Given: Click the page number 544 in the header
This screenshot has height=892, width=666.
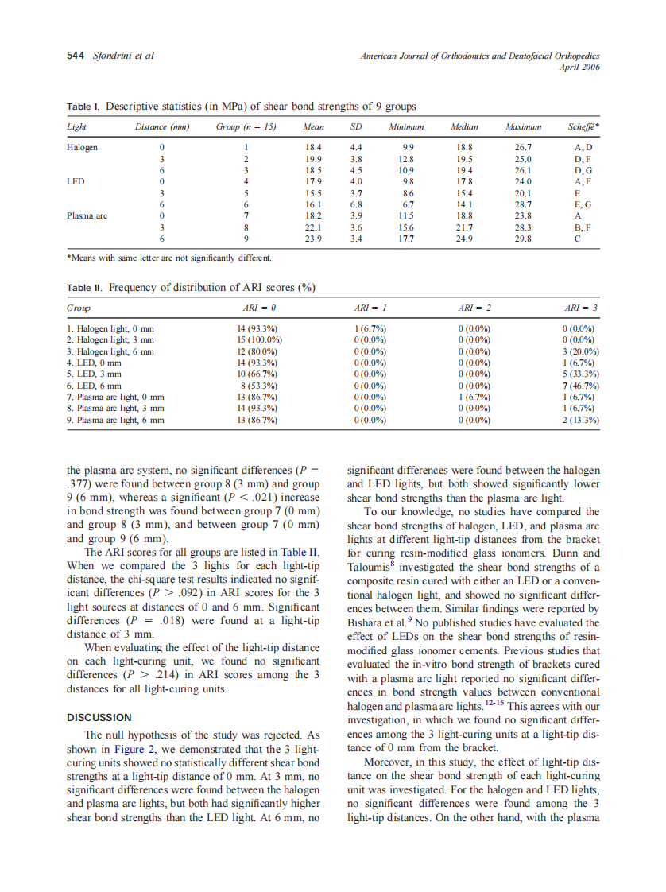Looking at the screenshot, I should [x=76, y=56].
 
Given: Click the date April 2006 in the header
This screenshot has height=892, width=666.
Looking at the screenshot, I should [x=580, y=67].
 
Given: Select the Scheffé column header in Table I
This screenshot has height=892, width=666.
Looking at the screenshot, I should [x=583, y=127].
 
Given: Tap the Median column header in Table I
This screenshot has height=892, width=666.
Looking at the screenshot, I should [x=464, y=127].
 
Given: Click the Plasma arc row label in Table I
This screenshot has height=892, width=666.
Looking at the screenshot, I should [x=87, y=215].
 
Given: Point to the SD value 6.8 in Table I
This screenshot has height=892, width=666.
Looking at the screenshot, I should [x=357, y=204].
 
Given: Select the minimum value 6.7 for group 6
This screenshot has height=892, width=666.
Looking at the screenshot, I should [x=408, y=204].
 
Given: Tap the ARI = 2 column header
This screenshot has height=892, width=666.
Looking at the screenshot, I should [x=474, y=307].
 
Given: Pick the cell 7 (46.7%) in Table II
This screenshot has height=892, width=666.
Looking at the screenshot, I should [x=580, y=386].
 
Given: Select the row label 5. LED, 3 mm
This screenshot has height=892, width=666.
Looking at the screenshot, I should [x=95, y=374].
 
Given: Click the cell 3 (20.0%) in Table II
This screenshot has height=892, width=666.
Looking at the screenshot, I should [x=580, y=351].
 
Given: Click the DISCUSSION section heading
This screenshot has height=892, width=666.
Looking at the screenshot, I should [x=99, y=718].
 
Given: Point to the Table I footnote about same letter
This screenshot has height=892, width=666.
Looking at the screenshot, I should [x=168, y=258].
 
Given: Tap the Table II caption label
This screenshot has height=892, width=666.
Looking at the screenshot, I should [x=83, y=288].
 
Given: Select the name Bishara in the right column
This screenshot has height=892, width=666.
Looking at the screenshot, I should [x=369, y=623].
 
